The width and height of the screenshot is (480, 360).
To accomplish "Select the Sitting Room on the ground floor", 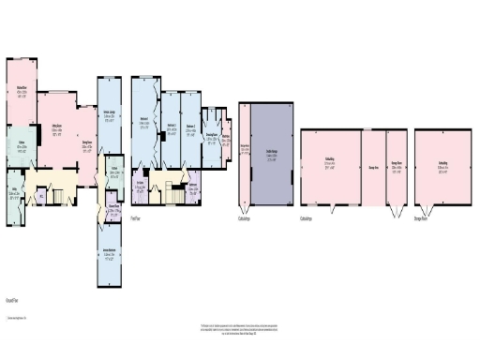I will coord(58,131).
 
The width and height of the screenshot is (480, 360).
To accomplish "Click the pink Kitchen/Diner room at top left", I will coord(21,94).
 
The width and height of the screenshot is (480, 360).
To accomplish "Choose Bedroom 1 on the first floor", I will coord(144,122).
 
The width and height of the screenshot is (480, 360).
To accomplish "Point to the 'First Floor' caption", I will coord(136,218).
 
